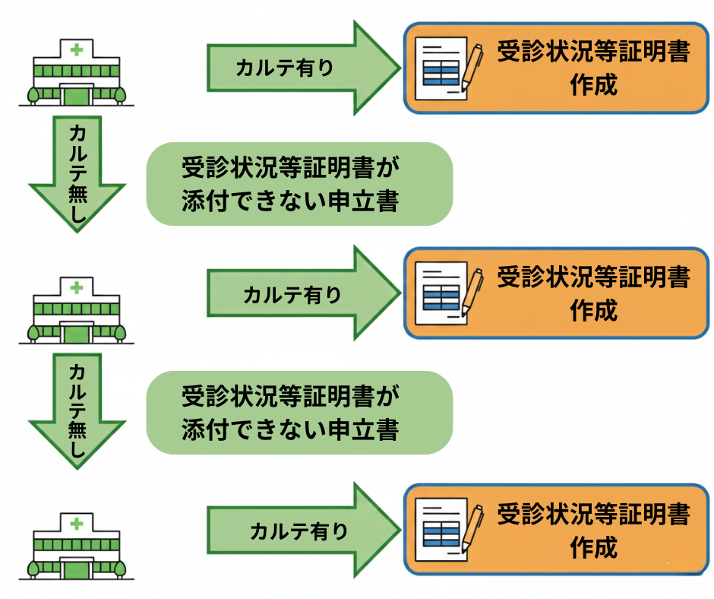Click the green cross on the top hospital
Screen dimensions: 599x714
click(76, 51)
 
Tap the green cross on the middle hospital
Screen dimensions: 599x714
click(76, 287)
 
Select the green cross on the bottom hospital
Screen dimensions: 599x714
click(76, 524)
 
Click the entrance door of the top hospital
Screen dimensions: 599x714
click(76, 96)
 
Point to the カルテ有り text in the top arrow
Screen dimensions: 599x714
click(284, 68)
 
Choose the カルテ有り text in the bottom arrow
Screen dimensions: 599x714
click(299, 531)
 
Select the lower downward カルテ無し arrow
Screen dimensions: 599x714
click(77, 410)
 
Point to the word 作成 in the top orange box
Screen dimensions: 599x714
click(593, 84)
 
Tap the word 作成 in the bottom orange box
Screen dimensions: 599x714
click(593, 547)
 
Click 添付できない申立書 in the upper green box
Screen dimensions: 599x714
click(290, 201)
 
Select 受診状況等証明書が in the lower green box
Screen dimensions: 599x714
click(290, 398)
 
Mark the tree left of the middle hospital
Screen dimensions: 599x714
click(33, 332)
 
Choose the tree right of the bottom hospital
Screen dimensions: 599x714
click(120, 567)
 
